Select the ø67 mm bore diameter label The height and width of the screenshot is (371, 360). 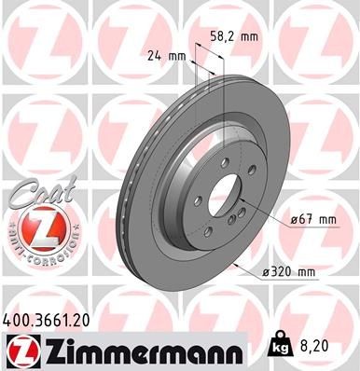tap(312, 219)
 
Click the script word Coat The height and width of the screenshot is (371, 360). tap(36, 193)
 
